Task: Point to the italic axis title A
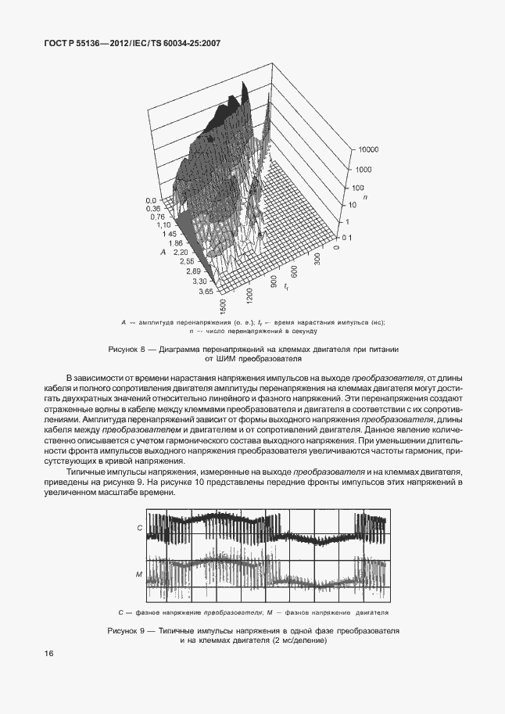[x=163, y=252]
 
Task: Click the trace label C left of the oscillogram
[x=139, y=529]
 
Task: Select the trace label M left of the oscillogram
[x=138, y=575]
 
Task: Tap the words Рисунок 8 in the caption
[x=127, y=349]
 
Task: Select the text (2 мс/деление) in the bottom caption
[x=298, y=640]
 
